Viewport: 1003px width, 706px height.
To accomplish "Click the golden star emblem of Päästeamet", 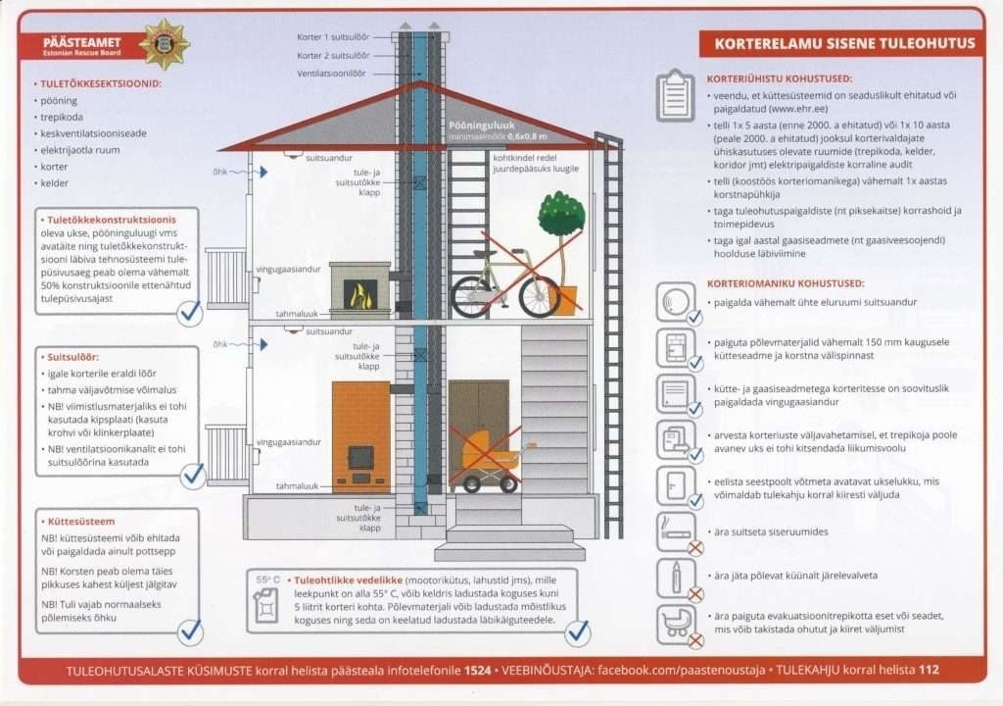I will [165, 44].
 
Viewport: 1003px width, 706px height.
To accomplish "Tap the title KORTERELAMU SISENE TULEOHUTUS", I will [844, 43].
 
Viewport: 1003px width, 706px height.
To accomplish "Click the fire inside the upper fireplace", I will [360, 295].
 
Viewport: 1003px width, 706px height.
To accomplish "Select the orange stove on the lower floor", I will [360, 435].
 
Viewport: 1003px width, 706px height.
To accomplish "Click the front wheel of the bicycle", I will [539, 296].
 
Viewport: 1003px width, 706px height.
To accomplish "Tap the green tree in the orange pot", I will [561, 215].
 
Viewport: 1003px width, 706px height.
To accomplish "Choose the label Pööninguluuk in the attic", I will [482, 126].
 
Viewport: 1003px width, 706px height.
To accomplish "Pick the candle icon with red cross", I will [676, 578].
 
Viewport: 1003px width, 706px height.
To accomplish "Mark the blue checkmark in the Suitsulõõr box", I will [193, 475].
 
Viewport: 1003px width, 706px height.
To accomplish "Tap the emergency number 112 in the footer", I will [929, 671].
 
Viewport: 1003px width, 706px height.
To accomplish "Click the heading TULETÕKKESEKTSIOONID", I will [101, 83].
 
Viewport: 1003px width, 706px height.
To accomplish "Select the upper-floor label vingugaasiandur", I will [289, 269].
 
